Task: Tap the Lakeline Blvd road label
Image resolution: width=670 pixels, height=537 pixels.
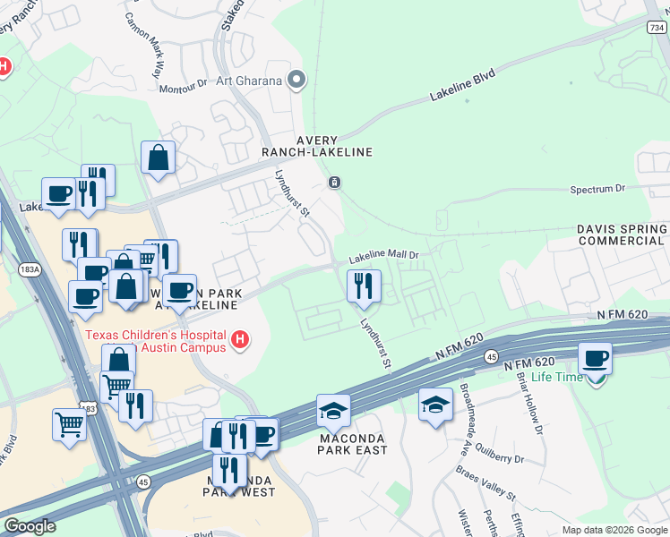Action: click(x=462, y=84)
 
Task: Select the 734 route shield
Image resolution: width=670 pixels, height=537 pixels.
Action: click(x=657, y=28)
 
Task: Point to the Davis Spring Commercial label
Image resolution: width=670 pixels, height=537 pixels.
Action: click(x=621, y=234)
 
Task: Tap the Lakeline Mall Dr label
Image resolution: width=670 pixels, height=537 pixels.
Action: click(x=384, y=256)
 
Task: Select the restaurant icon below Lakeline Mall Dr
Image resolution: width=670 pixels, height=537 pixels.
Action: click(x=364, y=286)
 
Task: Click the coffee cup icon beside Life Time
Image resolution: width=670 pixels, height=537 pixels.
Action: click(x=596, y=358)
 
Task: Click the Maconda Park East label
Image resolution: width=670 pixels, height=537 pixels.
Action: click(x=353, y=443)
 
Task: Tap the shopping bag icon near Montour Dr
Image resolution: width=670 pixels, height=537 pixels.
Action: click(x=158, y=158)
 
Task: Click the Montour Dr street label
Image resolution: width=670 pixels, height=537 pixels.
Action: click(x=183, y=89)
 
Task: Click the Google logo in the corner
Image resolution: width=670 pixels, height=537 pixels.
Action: click(x=30, y=526)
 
